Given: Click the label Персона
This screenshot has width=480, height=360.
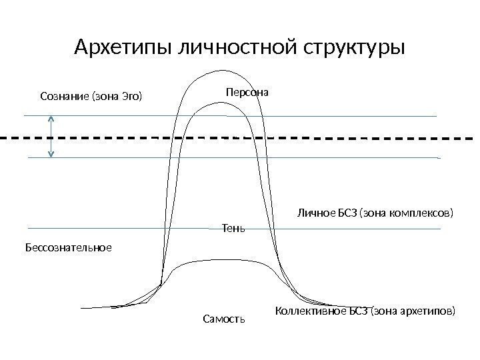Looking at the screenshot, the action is click(x=247, y=93).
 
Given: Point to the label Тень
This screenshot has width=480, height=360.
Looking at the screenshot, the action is click(x=233, y=229).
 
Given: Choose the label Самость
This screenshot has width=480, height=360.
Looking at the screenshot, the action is click(x=224, y=319).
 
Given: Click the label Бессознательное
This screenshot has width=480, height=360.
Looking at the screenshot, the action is click(x=69, y=247).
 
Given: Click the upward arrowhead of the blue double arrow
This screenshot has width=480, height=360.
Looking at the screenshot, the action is click(x=51, y=117).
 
